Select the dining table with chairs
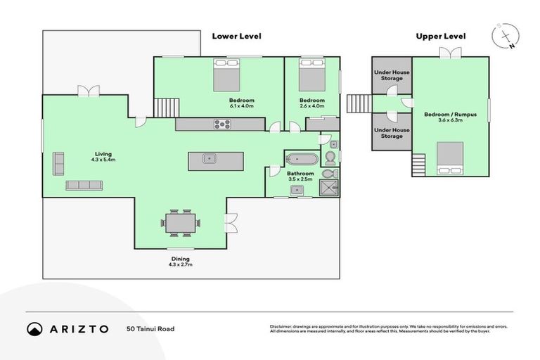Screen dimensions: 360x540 coord(180,222)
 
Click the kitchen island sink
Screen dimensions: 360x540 coord(208,158)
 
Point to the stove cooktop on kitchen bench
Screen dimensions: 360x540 coord(223,124)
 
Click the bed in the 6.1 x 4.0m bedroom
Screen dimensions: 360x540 coord(227,75)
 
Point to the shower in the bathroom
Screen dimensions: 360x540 coord(328,187)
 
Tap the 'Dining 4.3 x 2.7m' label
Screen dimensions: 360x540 coord(180,262)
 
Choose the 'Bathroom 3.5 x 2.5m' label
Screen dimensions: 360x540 coord(300,176)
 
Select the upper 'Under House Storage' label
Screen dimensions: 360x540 coord(392,75)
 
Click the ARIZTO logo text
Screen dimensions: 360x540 coord(77,329)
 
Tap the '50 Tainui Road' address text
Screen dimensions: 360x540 coord(150,328)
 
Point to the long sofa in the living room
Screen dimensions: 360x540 coord(84,185)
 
